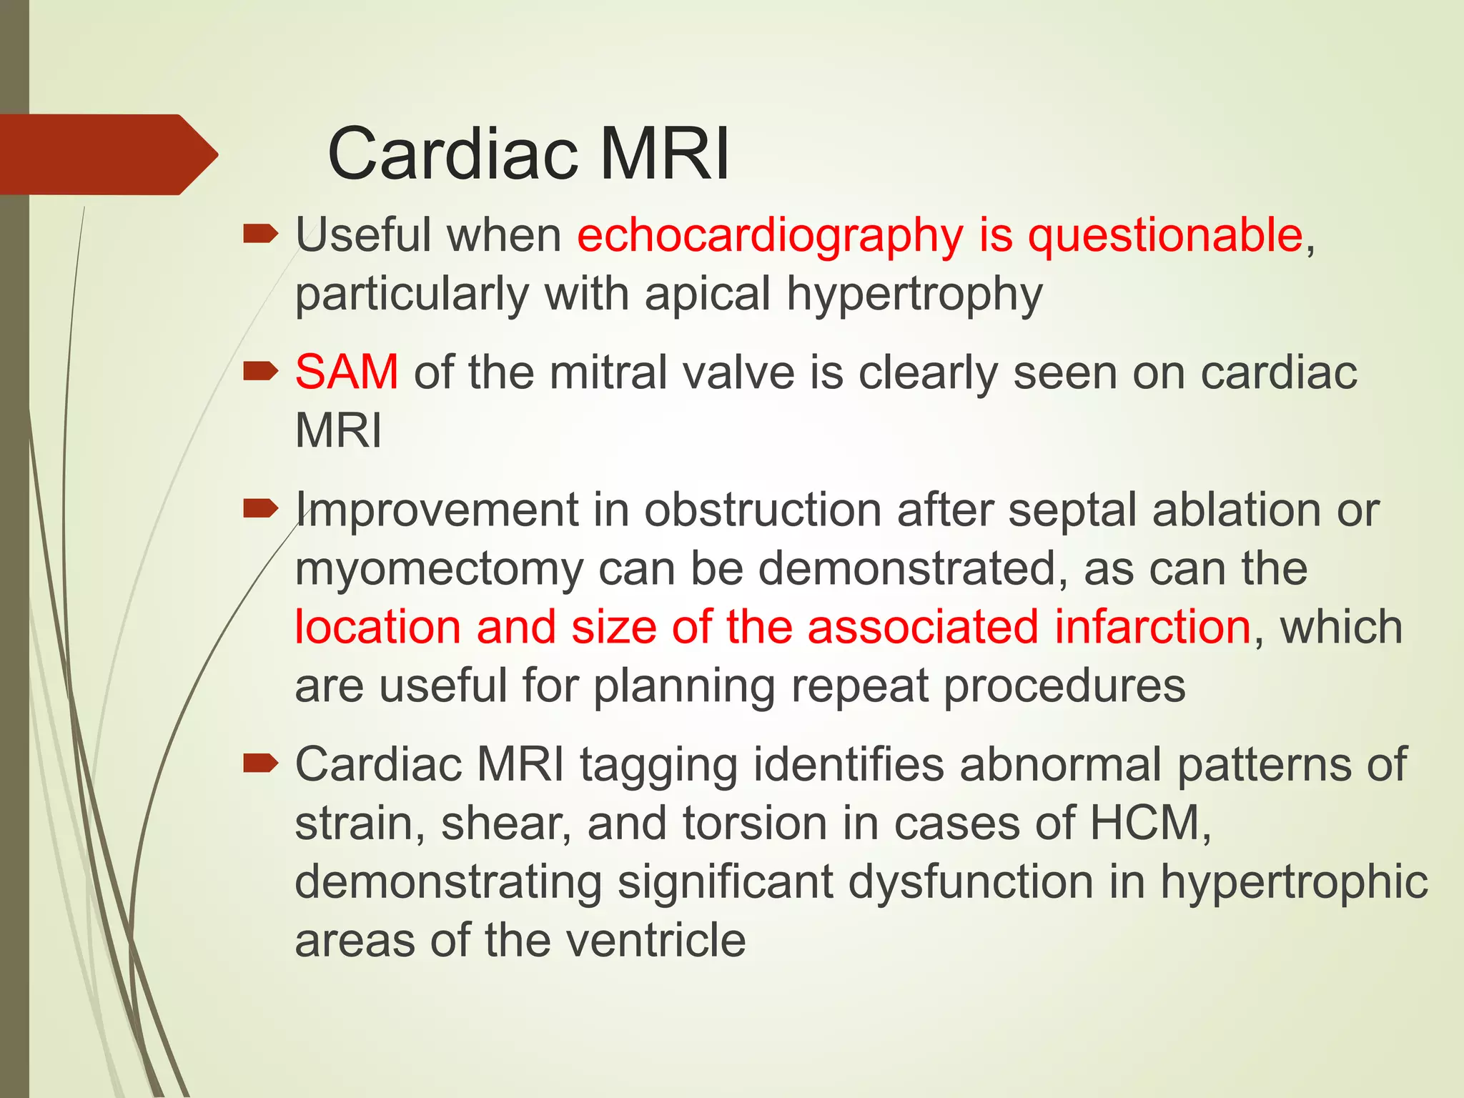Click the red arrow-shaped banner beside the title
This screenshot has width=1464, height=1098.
pos(107,154)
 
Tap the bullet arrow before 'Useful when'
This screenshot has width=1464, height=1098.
pos(260,234)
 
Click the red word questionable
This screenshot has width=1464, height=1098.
pos(1165,236)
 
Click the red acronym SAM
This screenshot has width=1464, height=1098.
pos(347,372)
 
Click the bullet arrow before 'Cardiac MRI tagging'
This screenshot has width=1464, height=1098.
pos(260,764)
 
